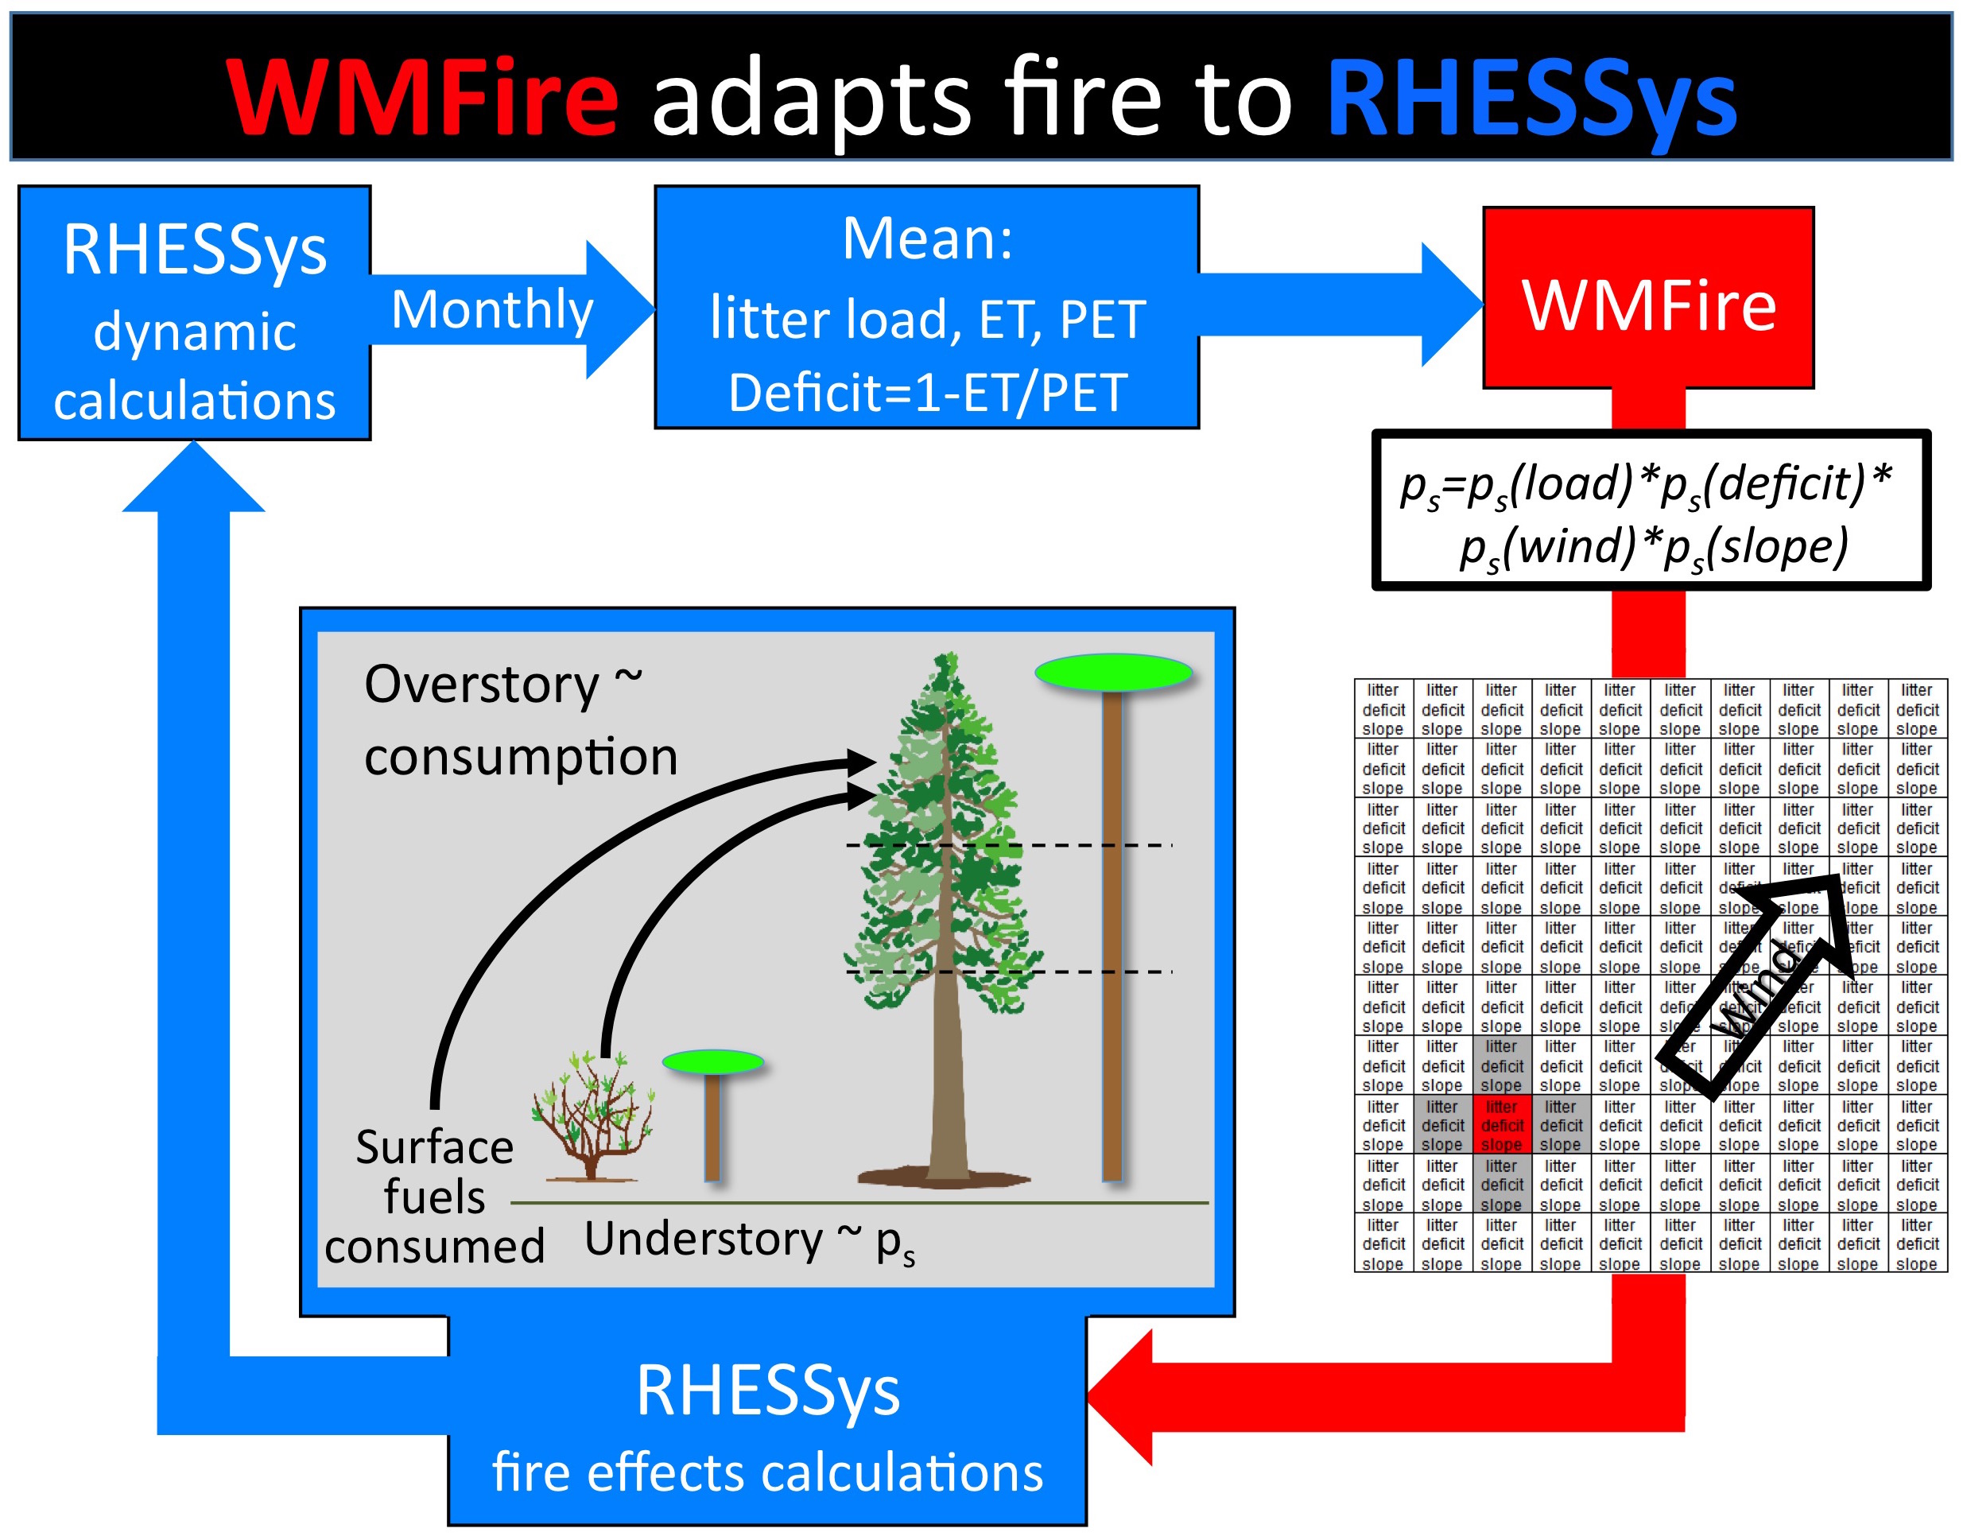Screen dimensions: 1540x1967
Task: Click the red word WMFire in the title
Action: (422, 96)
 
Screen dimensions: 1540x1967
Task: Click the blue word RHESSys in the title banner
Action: (1530, 96)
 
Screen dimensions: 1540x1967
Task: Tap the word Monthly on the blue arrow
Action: (492, 309)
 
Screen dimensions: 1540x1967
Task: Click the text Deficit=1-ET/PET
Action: (927, 393)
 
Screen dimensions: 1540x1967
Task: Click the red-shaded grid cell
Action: (1500, 1124)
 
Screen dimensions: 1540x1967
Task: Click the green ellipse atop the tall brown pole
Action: (1112, 672)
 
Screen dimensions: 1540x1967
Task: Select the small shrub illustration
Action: (593, 1118)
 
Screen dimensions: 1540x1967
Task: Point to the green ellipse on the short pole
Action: (712, 1062)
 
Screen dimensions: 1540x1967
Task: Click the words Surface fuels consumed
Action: (435, 1197)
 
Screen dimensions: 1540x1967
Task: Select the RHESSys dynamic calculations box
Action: (194, 313)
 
